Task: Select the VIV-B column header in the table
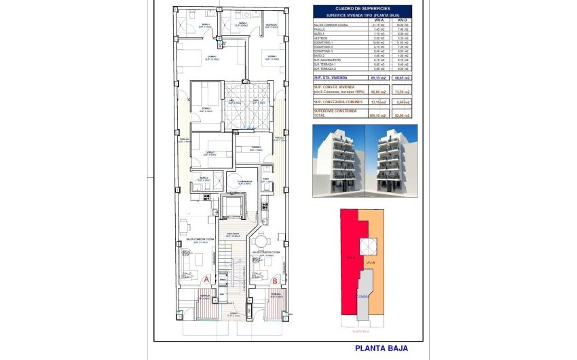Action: pos(404,20)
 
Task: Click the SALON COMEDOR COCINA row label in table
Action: pos(331,25)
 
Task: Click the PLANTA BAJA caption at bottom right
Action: pos(381,348)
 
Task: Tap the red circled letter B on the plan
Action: pos(274,278)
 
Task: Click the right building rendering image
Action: pos(392,160)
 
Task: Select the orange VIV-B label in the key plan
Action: pos(371,262)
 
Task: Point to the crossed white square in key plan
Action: pos(367,245)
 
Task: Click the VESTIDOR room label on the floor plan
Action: pos(271,24)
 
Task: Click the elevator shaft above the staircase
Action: pos(233,204)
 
